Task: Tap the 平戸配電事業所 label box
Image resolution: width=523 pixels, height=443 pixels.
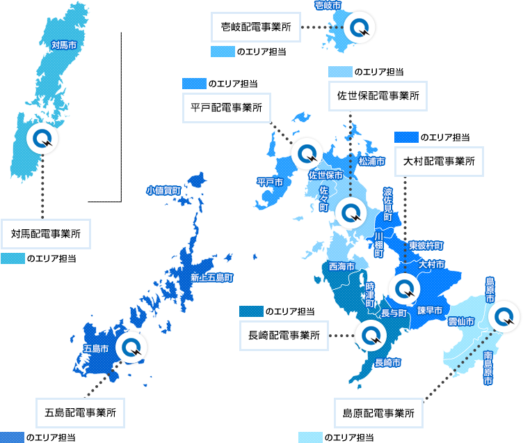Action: point(227,108)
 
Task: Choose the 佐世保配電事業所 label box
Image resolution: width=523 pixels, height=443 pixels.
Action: point(378,95)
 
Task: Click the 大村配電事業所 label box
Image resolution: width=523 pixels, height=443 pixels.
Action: point(440,161)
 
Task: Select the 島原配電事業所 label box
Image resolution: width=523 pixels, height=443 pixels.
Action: point(378,412)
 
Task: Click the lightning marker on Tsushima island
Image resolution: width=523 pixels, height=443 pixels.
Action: point(42,139)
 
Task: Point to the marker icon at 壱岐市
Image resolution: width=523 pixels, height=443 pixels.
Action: point(360,28)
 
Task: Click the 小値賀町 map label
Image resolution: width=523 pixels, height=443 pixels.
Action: point(164,189)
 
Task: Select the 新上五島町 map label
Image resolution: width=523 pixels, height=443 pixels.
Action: point(211,278)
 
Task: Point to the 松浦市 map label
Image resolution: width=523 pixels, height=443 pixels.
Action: point(371,161)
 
